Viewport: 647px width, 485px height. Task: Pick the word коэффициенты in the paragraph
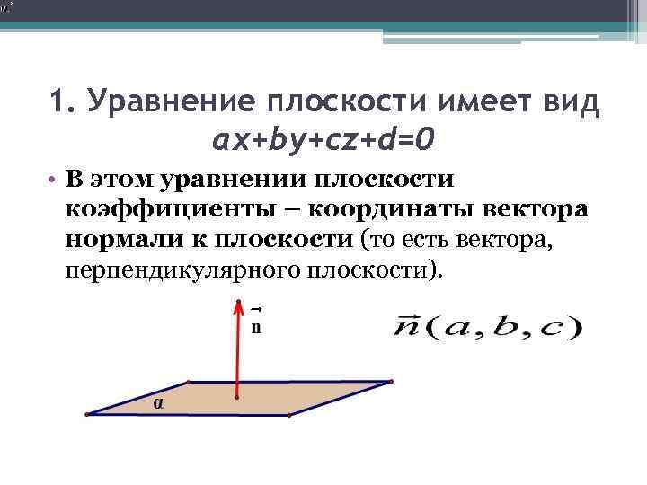pyautogui.click(x=155, y=210)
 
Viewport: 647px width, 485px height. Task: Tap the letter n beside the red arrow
pyautogui.click(x=256, y=326)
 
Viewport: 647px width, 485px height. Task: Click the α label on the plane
pyautogui.click(x=158, y=403)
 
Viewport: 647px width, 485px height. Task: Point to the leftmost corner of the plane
pyautogui.click(x=87, y=414)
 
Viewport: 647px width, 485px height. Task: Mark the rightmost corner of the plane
pyautogui.click(x=391, y=382)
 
